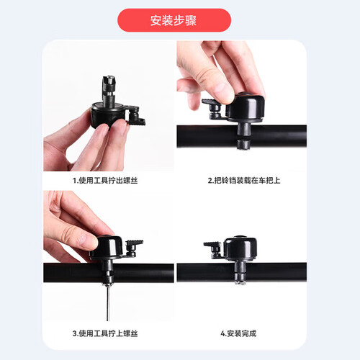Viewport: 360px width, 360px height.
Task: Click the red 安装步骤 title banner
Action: click(174, 20)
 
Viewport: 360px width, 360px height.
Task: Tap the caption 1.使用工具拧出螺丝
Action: click(105, 181)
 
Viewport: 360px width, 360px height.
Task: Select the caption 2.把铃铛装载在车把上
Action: click(244, 181)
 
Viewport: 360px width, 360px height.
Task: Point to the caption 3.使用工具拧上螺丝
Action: click(105, 333)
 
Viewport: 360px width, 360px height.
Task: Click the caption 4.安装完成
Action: click(238, 333)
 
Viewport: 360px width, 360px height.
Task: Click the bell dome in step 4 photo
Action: click(240, 248)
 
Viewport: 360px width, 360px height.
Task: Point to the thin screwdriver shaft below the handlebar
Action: click(108, 303)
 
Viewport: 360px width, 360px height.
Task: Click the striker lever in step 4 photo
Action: click(213, 250)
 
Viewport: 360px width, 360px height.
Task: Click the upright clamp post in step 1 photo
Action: click(109, 91)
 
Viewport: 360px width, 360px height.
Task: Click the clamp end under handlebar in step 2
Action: click(243, 145)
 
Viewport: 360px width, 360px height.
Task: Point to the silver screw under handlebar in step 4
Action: click(240, 282)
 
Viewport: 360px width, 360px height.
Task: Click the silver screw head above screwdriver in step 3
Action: click(108, 284)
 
